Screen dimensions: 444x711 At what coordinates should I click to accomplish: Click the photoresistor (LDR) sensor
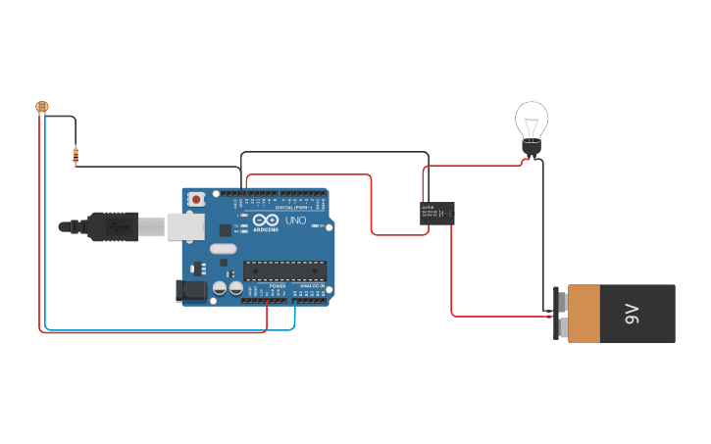(41, 106)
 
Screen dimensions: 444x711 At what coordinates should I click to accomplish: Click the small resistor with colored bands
(76, 155)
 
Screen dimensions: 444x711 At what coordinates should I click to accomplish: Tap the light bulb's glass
(532, 120)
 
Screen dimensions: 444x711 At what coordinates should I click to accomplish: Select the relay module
(437, 213)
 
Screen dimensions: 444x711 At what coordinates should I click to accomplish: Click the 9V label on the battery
(633, 315)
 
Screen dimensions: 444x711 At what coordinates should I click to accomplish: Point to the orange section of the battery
(584, 314)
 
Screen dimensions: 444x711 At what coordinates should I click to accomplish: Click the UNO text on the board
(296, 221)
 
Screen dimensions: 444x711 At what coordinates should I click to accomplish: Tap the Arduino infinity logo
(266, 220)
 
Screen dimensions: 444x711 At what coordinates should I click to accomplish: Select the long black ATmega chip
(284, 271)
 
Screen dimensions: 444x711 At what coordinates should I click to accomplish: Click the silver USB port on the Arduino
(184, 226)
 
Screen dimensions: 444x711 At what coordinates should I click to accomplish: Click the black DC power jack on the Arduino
(191, 290)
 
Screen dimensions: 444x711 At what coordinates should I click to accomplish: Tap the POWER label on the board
(277, 286)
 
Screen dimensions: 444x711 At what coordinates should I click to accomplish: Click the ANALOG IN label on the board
(312, 286)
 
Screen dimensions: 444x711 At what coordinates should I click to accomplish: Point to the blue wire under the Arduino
(167, 330)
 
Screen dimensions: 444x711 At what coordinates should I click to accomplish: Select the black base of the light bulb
(531, 149)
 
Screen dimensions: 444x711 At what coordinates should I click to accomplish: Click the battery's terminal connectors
(561, 314)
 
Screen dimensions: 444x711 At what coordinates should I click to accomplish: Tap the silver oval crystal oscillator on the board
(224, 249)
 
